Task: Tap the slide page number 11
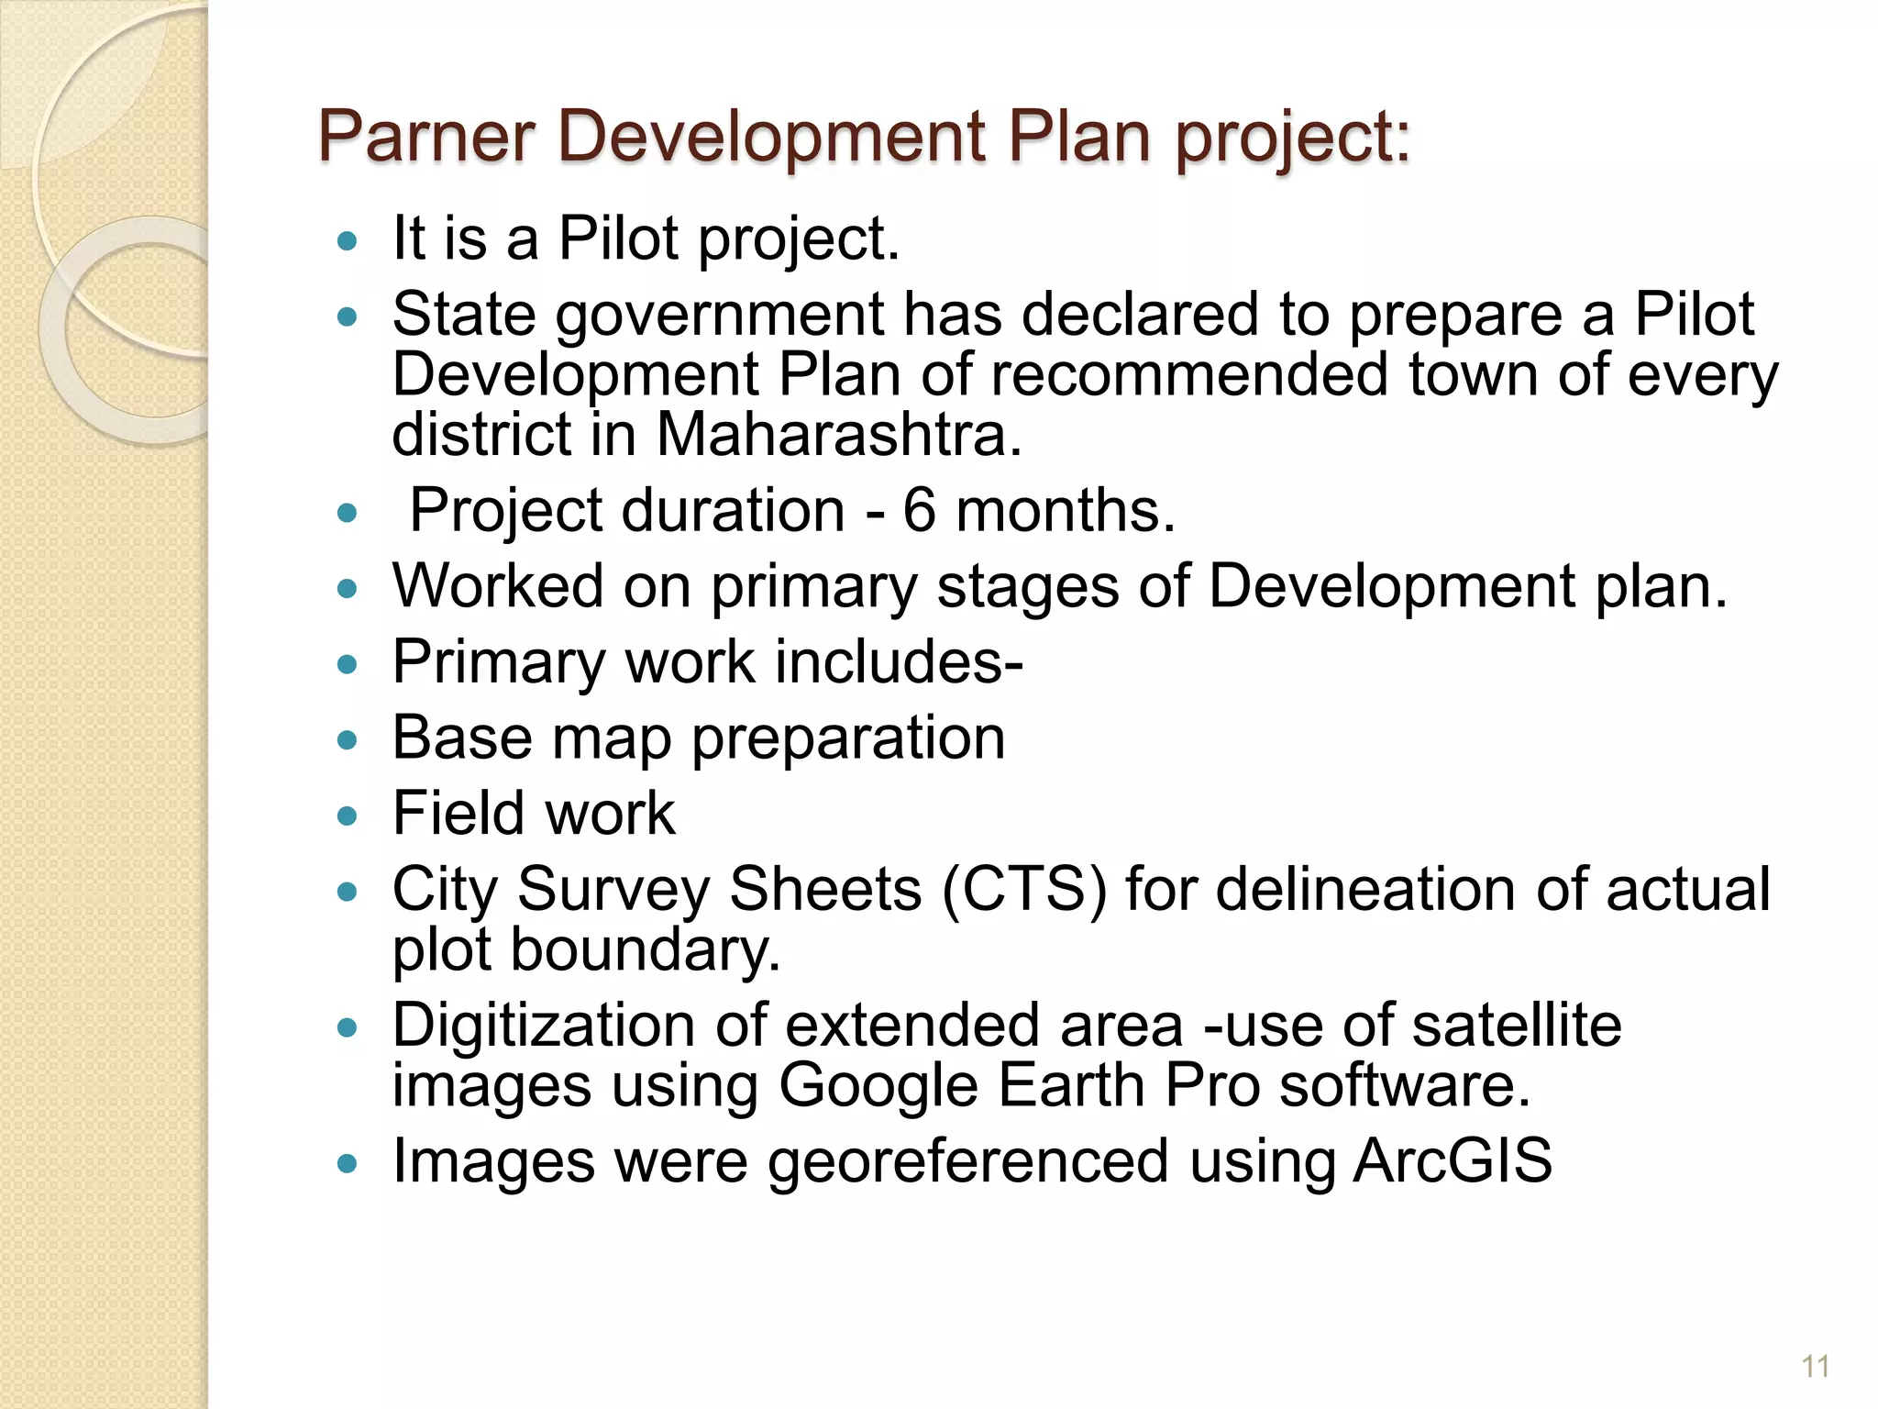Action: tap(1815, 1367)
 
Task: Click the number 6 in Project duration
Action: tap(919, 510)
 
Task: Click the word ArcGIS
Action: tap(1453, 1160)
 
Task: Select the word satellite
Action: tap(1517, 1025)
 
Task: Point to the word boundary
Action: tap(645, 949)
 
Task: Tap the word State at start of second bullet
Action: tap(464, 314)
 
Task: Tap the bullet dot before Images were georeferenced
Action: tap(346, 1163)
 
